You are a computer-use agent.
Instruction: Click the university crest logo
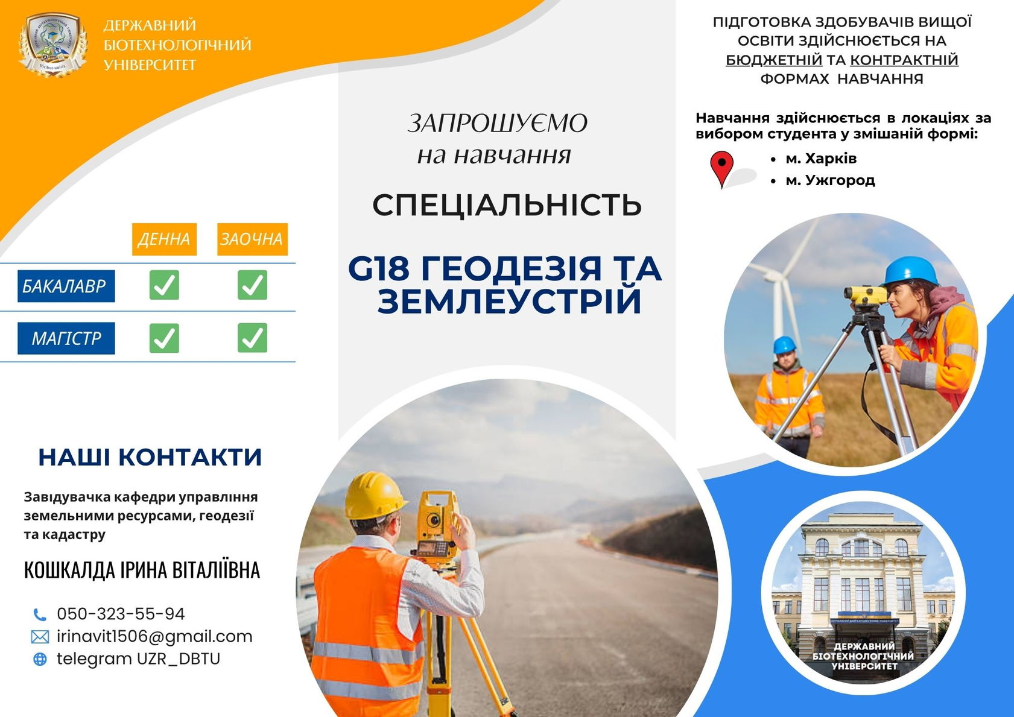point(53,45)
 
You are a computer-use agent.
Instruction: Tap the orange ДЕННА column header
point(164,239)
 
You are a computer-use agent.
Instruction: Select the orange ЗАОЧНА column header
point(252,239)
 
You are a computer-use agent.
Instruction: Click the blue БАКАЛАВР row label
point(66,286)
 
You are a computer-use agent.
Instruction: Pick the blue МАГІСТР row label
point(66,338)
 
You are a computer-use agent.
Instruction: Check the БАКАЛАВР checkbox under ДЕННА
point(164,285)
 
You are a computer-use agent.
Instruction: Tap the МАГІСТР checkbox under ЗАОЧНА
point(252,338)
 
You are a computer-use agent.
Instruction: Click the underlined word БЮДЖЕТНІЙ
point(774,60)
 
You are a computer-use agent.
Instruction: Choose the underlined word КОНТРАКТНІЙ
point(904,60)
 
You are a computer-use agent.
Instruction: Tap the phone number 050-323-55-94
point(121,614)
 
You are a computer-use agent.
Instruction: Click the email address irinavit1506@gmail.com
point(154,636)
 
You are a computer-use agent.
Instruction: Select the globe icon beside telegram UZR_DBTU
point(40,659)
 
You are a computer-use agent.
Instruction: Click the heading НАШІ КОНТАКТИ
point(150,457)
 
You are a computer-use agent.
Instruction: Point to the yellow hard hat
point(375,495)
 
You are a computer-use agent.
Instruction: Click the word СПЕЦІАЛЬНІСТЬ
point(507,205)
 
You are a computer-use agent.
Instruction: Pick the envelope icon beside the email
point(40,637)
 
